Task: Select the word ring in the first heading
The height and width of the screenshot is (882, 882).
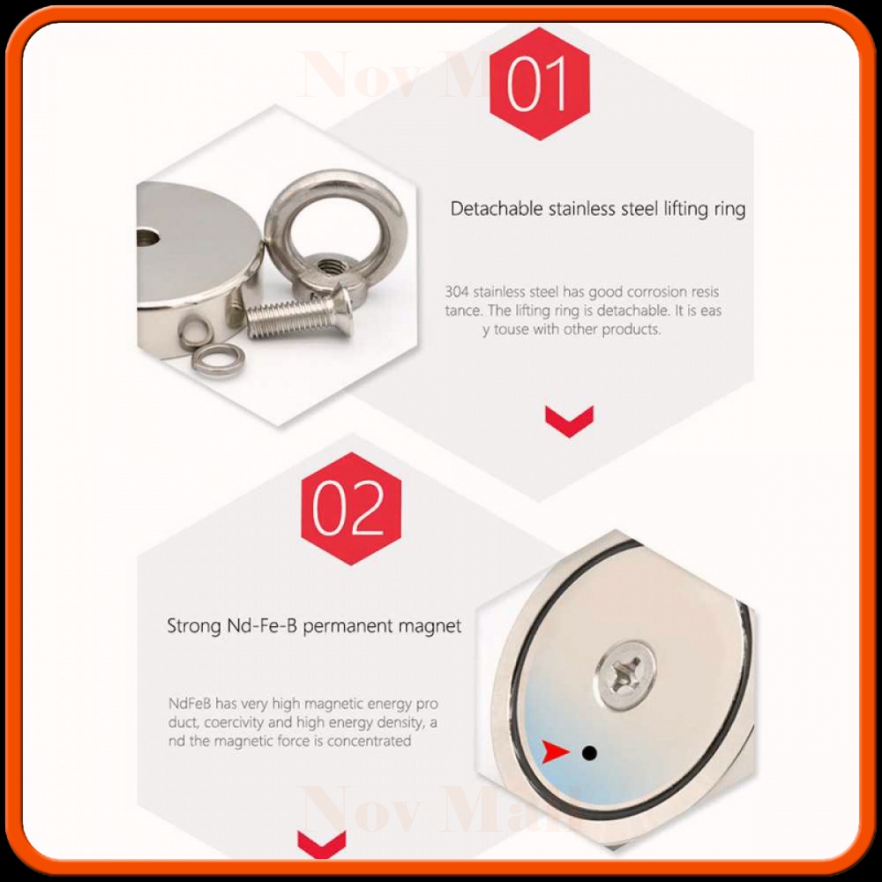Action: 729,209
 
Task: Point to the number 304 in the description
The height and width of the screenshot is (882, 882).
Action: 457,291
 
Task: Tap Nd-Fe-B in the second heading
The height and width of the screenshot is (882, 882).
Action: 250,626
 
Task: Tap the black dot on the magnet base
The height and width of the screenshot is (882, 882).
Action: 589,753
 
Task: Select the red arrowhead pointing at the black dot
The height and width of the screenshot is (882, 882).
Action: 555,752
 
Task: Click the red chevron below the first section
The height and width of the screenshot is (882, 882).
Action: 569,420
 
